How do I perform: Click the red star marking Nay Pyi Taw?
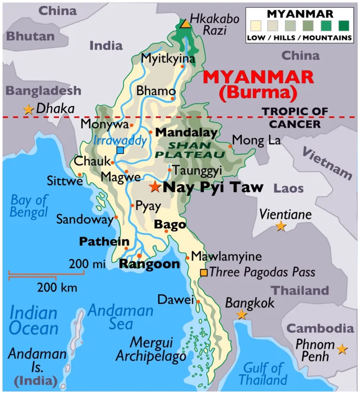[154, 186]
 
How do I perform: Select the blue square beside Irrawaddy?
[120, 150]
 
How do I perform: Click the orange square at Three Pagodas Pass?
[204, 272]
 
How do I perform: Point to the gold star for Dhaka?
[28, 109]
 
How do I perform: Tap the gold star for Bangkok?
[241, 314]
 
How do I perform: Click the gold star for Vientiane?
[280, 226]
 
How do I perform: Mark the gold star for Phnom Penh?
[341, 349]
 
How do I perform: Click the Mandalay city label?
[186, 133]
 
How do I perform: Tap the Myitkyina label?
[168, 59]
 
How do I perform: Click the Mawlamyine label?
[227, 256]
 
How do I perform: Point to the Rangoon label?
[149, 264]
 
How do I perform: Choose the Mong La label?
[257, 140]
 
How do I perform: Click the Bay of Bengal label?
[29, 206]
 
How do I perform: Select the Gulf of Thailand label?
[263, 374]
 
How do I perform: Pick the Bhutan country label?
[31, 36]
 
